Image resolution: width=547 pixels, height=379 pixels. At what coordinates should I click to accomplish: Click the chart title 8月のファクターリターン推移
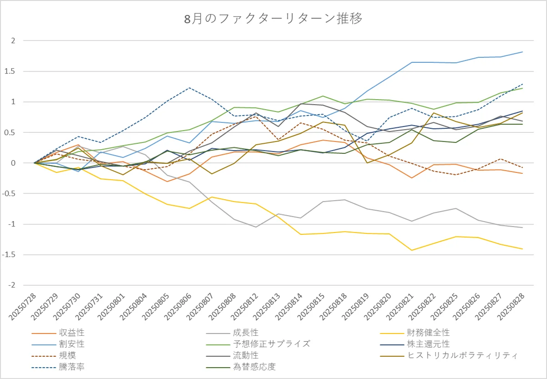click(273, 20)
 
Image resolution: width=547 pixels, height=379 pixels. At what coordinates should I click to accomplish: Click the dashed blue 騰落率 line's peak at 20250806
click(190, 88)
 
